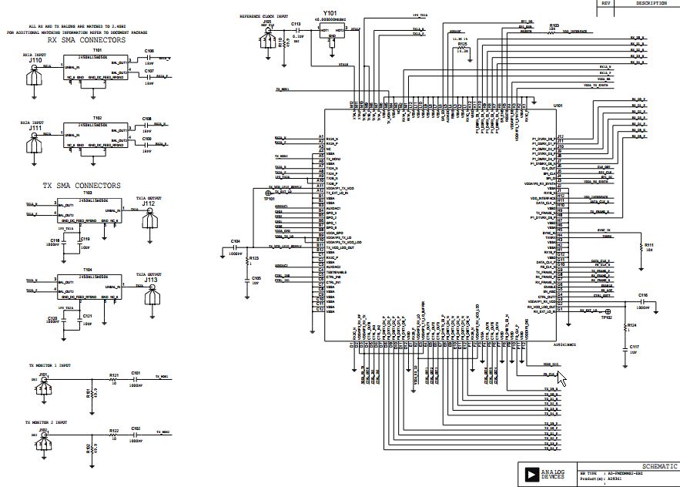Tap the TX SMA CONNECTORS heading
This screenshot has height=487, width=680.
coord(82,186)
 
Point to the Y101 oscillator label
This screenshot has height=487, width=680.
coord(330,13)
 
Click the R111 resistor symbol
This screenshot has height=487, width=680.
coord(640,247)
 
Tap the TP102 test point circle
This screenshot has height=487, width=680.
coord(607,311)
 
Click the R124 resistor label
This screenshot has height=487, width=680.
coord(631,326)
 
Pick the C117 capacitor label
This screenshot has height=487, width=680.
coord(634,347)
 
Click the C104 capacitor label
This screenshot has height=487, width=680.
coord(236,241)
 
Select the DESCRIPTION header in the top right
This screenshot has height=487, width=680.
coord(652,3)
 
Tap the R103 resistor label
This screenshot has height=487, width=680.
coord(553,25)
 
